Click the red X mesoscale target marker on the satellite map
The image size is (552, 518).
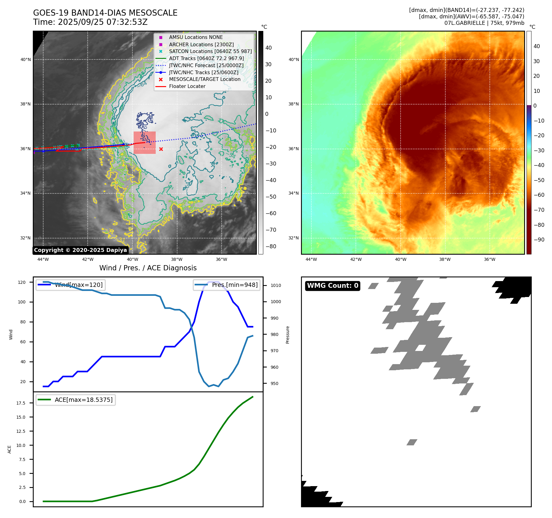[161, 149]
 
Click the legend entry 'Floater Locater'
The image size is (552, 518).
[187, 86]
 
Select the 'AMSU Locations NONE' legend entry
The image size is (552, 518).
[196, 37]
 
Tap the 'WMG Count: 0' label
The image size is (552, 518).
[333, 286]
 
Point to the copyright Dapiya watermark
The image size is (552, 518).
[80, 250]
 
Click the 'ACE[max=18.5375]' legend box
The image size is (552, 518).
[76, 400]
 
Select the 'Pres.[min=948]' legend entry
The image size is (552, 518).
[227, 285]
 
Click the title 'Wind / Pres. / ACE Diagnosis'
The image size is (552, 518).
[148, 268]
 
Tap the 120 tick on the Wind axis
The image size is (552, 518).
[22, 282]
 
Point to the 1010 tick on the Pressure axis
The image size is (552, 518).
[276, 285]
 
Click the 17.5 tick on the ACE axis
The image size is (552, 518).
[21, 403]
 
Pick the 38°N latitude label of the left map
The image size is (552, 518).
[25, 104]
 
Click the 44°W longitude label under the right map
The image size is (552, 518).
[311, 260]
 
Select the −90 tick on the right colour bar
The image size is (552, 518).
[539, 240]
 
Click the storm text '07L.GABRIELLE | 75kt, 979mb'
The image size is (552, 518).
[484, 23]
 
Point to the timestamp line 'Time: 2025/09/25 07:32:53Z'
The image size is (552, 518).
[90, 22]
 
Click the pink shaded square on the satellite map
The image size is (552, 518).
[145, 143]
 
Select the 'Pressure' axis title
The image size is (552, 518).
[287, 335]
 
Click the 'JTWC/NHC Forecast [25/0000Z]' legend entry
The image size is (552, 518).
[206, 66]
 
